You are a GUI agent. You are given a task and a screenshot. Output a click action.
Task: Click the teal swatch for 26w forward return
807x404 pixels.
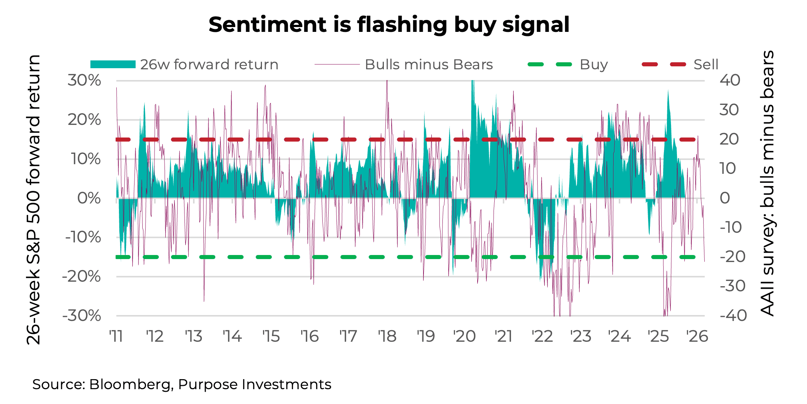[x=113, y=64]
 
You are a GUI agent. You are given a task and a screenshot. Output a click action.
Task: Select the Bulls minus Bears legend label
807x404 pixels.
[x=429, y=64]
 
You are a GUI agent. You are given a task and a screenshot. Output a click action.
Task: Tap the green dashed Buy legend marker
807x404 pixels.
[x=550, y=64]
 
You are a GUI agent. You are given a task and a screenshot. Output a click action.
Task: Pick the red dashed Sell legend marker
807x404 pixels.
[x=664, y=64]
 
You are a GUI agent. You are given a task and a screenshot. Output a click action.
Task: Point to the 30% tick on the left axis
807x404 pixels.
[x=84, y=80]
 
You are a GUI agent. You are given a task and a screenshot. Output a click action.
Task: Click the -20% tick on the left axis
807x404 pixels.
[x=82, y=276]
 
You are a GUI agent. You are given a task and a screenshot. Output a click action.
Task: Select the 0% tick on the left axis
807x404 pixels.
[x=89, y=198]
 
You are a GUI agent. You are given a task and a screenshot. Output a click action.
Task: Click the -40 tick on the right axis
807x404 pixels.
[x=733, y=316]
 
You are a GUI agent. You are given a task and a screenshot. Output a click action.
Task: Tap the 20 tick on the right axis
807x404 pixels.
[x=729, y=139]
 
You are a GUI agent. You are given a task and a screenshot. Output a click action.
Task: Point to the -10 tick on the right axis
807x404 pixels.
[x=731, y=227]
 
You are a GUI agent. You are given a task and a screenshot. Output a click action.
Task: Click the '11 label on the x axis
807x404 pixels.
[x=116, y=337]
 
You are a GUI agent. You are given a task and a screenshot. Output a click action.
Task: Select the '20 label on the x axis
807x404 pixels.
[x=465, y=337]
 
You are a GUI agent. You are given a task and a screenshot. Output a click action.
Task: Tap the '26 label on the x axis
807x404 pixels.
[x=697, y=337]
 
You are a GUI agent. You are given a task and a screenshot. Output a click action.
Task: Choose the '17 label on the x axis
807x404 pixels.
[x=348, y=337]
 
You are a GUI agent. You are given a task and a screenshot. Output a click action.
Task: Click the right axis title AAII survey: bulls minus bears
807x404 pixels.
[x=767, y=183]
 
